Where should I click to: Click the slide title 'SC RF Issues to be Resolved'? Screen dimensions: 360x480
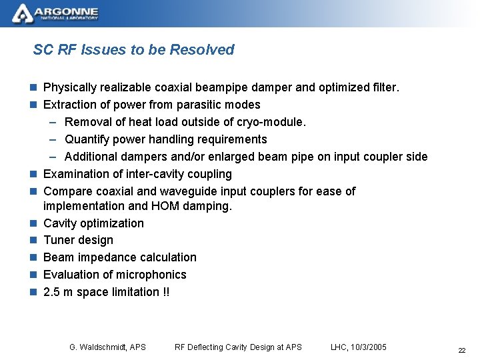coord(133,50)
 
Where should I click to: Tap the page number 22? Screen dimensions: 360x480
coord(461,351)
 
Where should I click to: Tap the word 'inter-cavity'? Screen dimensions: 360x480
coord(139,174)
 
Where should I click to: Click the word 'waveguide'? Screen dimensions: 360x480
coord(199,191)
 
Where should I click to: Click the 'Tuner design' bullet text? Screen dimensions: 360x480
coord(78,240)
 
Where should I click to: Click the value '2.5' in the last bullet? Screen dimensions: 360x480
coord(51,292)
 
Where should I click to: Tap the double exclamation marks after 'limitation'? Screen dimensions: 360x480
coord(166,292)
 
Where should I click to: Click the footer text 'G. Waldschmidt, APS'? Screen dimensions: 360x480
coord(107,347)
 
